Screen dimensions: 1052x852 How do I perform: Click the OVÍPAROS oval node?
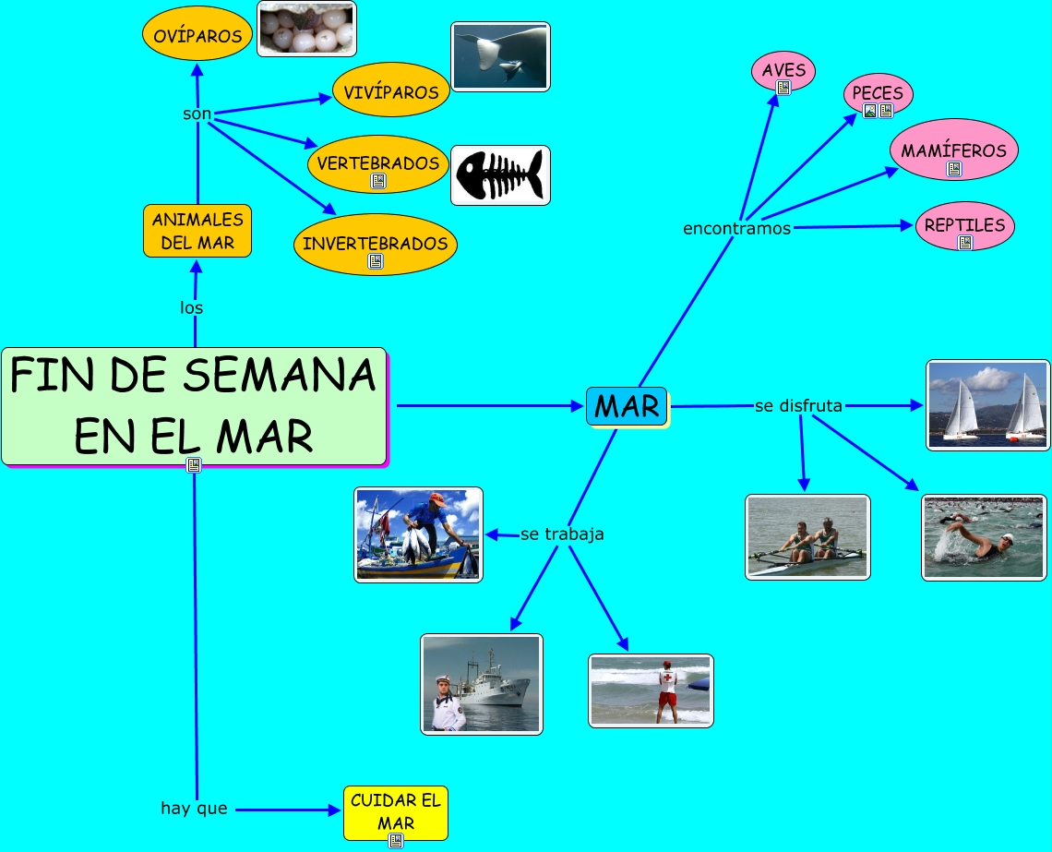coord(197,35)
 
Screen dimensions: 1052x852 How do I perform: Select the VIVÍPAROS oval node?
coord(390,91)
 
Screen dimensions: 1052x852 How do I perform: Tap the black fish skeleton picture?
coord(500,174)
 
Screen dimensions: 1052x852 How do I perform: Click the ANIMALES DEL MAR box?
coord(197,231)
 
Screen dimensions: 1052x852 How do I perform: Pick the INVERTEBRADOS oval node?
coord(375,244)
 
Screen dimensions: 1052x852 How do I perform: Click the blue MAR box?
coord(627,406)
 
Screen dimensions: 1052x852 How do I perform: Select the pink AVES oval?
coord(783,69)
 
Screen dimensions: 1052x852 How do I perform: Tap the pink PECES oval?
coord(878,92)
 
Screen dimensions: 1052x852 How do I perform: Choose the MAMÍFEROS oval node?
coord(953,150)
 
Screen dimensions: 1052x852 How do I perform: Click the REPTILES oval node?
coord(964,224)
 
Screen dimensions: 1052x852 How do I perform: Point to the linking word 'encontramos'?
coord(736,228)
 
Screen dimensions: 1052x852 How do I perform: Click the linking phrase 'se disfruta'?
coord(798,405)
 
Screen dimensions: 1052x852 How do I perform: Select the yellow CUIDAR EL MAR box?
coord(396,811)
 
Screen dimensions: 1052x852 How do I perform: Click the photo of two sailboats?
coord(987,404)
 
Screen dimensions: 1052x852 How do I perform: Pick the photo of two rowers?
coord(807,537)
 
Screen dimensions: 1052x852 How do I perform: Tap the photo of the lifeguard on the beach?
coord(651,690)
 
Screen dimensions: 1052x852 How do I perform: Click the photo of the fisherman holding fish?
coord(418,534)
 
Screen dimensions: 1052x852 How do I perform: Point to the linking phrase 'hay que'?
coord(194,809)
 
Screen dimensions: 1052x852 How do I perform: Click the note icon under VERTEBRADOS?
coord(377,181)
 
